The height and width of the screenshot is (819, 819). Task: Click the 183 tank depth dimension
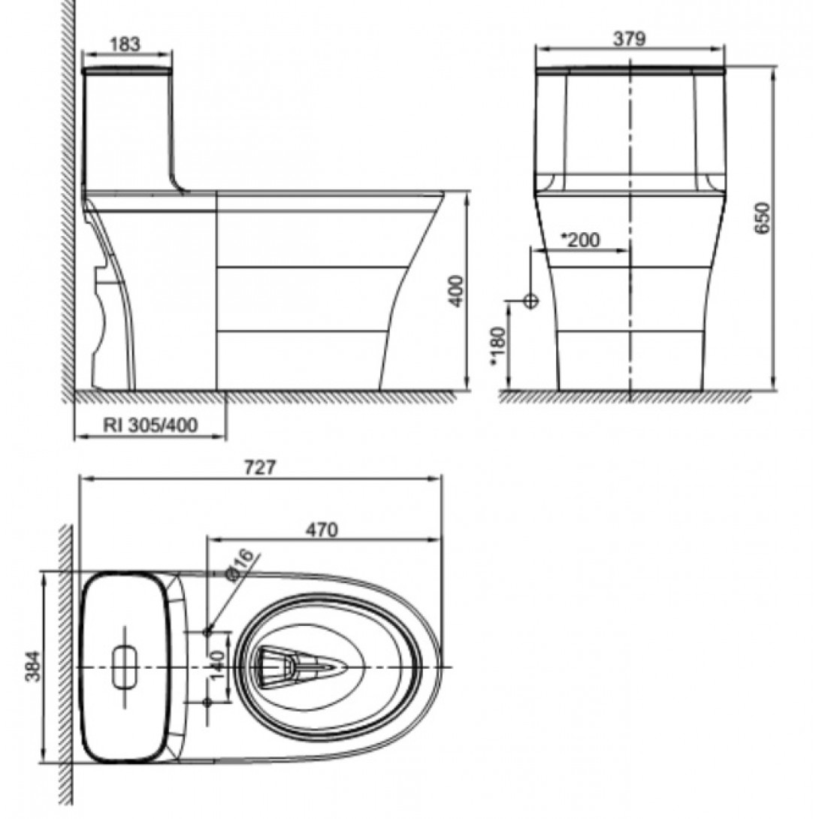[125, 44]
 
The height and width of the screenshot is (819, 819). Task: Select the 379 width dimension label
[629, 39]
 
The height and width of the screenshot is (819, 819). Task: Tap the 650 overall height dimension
[762, 219]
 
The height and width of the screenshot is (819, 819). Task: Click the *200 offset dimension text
[581, 240]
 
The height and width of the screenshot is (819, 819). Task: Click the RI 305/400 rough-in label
[150, 425]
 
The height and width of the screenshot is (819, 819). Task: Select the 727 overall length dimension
[260, 467]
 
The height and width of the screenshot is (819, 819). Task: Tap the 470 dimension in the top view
[322, 529]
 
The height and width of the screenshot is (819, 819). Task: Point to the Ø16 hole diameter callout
[240, 564]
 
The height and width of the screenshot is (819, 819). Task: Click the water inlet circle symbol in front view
[531, 301]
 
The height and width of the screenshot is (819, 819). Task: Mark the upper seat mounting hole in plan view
[208, 632]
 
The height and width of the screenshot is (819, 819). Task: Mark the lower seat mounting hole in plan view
[208, 702]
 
